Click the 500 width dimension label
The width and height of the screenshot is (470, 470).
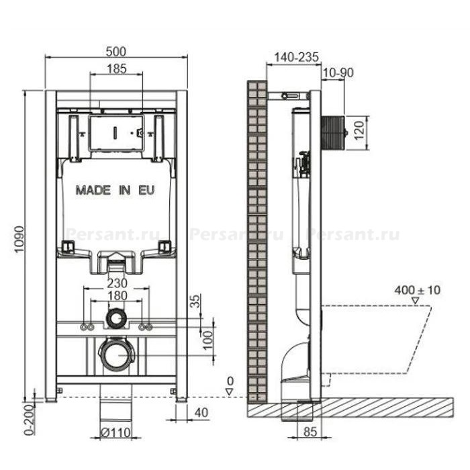pos(116,52)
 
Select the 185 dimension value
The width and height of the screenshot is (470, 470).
pos(117,69)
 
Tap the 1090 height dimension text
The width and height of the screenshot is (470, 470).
pos(19,239)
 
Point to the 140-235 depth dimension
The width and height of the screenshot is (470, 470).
pos(297,57)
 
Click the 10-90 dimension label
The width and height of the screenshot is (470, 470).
pos(338,73)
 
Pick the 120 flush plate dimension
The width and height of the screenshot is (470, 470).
pos(359,130)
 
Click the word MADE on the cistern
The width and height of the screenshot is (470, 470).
pos(93,190)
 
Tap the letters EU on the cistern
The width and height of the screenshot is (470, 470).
pos(146,190)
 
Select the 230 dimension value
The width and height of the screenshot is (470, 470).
pos(117,283)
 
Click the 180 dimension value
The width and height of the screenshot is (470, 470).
pos(117,296)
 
